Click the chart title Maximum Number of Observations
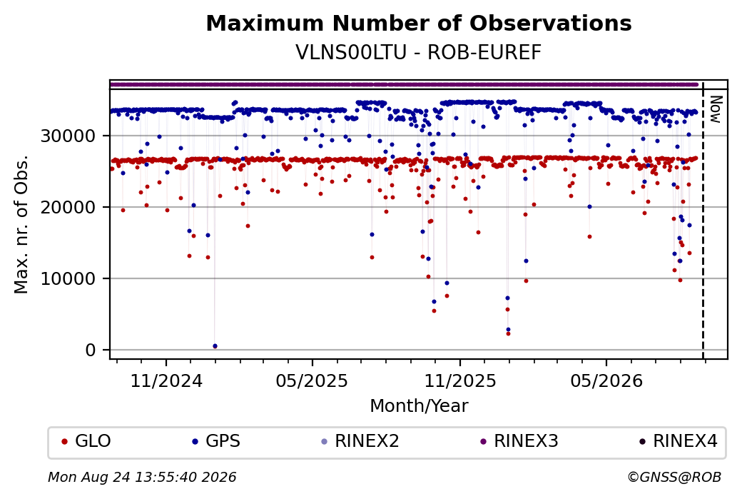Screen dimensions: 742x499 pos(419,23)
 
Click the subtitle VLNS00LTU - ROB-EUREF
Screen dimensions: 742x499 pos(418,53)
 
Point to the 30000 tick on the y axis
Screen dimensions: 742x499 pos(68,136)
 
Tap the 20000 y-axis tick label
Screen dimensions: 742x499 pos(68,207)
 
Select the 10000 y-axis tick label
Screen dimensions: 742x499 pos(68,279)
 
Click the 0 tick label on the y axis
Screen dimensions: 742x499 pos(91,351)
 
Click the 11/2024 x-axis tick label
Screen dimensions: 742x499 pos(166,381)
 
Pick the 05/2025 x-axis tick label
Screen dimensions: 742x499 pos(312,381)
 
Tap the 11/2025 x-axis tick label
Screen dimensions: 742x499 pos(460,381)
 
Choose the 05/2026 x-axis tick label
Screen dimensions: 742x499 pos(606,381)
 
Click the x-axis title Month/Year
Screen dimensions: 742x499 pos(419,405)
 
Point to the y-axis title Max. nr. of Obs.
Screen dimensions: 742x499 pos(21,224)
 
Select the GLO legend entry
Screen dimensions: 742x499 pos(86,441)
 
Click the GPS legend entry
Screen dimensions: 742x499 pos(216,441)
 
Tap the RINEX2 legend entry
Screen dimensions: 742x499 pos(360,441)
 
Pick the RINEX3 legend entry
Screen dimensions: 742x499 pos(519,441)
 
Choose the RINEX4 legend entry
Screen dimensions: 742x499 pos(678,441)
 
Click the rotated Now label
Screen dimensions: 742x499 pos(716,109)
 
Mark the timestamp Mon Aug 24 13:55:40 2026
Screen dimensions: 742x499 pos(142,477)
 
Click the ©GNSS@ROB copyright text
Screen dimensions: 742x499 pos(674,477)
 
